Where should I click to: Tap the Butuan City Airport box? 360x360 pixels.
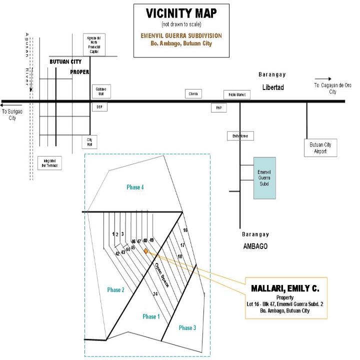tap(320, 148)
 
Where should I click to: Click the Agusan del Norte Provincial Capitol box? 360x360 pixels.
tap(93, 45)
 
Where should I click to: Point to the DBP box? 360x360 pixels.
tap(99, 107)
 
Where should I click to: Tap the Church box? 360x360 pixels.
tap(193, 94)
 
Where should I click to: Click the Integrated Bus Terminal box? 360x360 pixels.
tap(49, 162)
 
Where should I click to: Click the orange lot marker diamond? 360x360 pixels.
tap(146, 251)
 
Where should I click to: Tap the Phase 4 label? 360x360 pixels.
tap(135, 187)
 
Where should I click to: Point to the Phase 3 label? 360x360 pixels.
tap(187, 327)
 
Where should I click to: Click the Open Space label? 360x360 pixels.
tap(161, 274)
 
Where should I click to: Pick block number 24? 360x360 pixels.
tap(155, 294)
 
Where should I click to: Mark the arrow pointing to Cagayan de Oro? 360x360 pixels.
tap(323, 79)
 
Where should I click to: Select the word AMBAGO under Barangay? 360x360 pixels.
tap(255, 246)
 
